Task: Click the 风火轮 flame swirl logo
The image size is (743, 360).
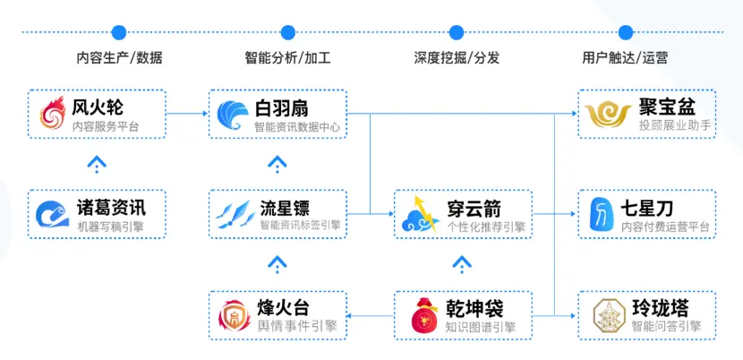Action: pyautogui.click(x=52, y=113)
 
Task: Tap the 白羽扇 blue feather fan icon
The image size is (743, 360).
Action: pyautogui.click(x=233, y=115)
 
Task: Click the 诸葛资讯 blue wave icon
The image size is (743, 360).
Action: pyautogui.click(x=53, y=214)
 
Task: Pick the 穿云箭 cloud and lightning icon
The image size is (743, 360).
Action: pyautogui.click(x=418, y=214)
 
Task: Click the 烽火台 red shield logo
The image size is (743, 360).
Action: pyautogui.click(x=234, y=315)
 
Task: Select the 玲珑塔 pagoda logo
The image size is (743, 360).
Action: pyautogui.click(x=610, y=315)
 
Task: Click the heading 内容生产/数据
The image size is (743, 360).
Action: pyautogui.click(x=119, y=58)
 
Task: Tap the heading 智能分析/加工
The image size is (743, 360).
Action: pyautogui.click(x=287, y=58)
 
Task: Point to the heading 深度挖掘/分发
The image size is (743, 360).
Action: pyautogui.click(x=457, y=58)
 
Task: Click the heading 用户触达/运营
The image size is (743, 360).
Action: pyautogui.click(x=625, y=58)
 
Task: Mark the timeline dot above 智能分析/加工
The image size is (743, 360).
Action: pyautogui.click(x=288, y=32)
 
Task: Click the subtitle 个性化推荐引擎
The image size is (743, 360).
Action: pyautogui.click(x=486, y=227)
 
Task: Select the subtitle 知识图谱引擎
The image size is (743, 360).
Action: pyautogui.click(x=480, y=327)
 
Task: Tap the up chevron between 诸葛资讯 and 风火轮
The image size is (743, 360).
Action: pyautogui.click(x=97, y=164)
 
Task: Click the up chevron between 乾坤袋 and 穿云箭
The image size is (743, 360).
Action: pyautogui.click(x=462, y=265)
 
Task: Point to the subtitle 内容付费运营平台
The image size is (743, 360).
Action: pyautogui.click(x=665, y=227)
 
